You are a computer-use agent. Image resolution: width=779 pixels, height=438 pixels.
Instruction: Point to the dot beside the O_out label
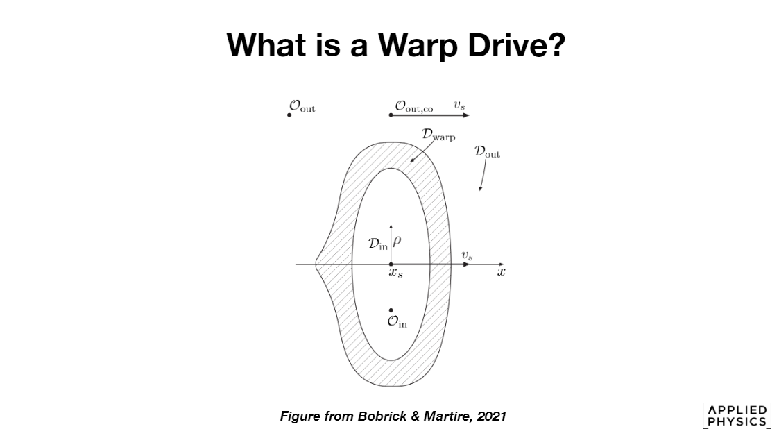[289, 115]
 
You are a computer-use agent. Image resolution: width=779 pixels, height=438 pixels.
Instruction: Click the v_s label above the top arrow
[459, 105]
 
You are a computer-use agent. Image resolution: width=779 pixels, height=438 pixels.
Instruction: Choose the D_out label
[487, 151]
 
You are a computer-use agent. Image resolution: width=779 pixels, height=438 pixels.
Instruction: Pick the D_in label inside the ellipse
[378, 244]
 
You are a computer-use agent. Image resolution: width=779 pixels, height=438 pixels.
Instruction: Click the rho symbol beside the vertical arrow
[397, 242]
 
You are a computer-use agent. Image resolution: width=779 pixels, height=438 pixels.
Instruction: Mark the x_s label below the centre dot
[395, 274]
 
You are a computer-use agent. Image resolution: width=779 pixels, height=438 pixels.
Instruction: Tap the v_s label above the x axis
[468, 256]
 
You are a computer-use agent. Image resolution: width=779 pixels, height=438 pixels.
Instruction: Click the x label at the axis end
[501, 272]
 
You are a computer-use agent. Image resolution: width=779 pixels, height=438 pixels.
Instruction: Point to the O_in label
[397, 323]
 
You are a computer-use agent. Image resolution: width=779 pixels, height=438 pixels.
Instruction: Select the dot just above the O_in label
[391, 310]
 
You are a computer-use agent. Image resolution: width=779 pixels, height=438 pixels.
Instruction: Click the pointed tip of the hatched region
[316, 264]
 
